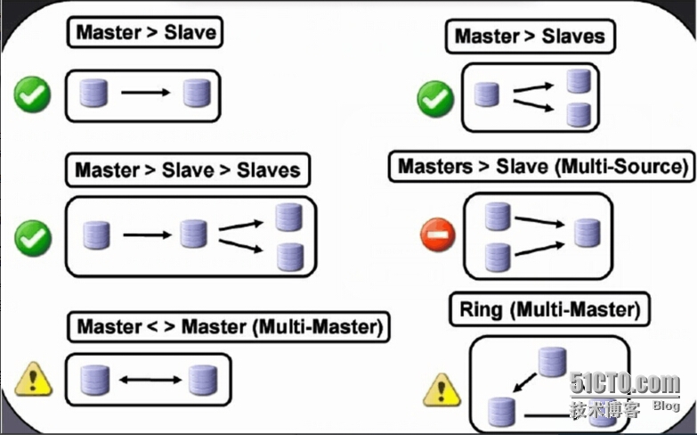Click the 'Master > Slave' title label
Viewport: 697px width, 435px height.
click(145, 33)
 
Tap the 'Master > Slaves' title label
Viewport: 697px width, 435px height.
click(530, 37)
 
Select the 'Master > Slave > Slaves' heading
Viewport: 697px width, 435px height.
click(187, 169)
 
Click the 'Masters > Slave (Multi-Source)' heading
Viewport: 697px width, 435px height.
click(544, 167)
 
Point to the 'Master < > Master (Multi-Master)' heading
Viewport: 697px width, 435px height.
click(230, 327)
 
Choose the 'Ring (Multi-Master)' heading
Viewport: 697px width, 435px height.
click(550, 310)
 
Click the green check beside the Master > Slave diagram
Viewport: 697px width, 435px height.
click(33, 94)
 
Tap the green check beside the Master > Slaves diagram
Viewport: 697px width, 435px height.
click(436, 97)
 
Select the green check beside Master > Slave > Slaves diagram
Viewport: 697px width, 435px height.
click(33, 237)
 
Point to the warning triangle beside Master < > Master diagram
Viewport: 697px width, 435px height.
click(33, 382)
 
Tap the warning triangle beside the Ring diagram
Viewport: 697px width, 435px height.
click(441, 390)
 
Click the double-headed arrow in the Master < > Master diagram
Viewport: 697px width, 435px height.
click(149, 381)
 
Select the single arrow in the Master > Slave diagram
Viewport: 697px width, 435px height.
click(145, 93)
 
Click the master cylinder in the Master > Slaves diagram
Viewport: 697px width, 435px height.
click(486, 94)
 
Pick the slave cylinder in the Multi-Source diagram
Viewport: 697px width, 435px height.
click(587, 233)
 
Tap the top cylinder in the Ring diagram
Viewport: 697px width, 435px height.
click(551, 361)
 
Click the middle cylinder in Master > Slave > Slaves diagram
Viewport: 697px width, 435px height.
click(192, 234)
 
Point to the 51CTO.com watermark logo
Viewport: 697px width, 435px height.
click(624, 384)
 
